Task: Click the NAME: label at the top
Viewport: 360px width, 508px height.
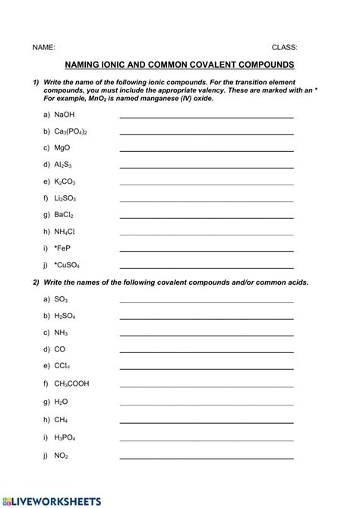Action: pos(43,46)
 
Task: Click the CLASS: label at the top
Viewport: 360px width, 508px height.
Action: pos(285,46)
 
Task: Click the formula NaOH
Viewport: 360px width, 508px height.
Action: pos(65,115)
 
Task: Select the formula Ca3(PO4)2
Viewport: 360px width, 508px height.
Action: pos(71,131)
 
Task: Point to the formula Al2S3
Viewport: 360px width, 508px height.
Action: pos(64,164)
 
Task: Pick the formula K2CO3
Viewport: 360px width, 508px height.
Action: pos(65,181)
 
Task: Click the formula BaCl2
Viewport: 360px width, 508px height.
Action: pos(64,215)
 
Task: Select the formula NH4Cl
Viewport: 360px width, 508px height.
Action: pos(65,232)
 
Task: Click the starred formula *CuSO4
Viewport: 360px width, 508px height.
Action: pos(67,265)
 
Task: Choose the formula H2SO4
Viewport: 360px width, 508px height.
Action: pos(65,316)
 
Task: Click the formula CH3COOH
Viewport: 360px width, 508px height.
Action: pos(71,383)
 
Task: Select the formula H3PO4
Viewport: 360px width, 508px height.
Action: pos(65,438)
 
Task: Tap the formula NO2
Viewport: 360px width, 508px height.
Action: pos(62,456)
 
